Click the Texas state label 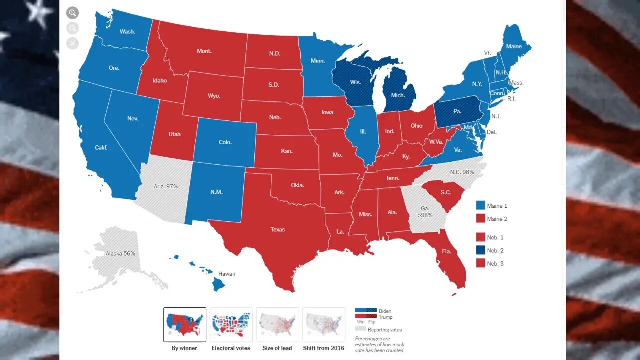[x=277, y=229]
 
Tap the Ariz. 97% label [x=165, y=186]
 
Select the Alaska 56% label [x=120, y=253]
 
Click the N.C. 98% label [x=462, y=172]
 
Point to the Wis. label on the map [x=356, y=82]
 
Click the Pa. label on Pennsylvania [x=457, y=111]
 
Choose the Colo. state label [x=225, y=142]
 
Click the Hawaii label [x=226, y=274]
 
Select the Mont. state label [x=204, y=51]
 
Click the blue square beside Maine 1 [x=480, y=206]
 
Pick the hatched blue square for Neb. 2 [x=480, y=251]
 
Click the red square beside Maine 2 [x=480, y=219]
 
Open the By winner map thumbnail [x=184, y=324]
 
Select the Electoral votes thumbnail [x=231, y=324]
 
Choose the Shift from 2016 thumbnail [x=324, y=324]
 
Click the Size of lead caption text [x=277, y=348]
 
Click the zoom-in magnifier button [x=73, y=13]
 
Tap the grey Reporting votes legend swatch [x=360, y=329]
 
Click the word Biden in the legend [x=385, y=311]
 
